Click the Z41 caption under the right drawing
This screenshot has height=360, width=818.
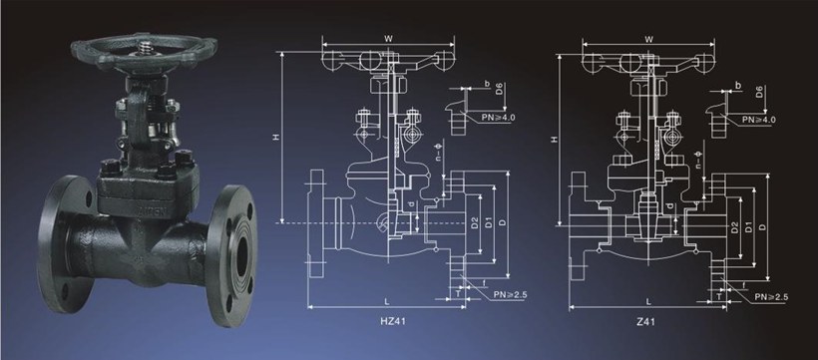click(x=645, y=321)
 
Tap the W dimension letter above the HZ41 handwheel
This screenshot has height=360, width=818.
click(x=388, y=39)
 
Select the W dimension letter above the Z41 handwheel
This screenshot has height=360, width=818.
click(x=649, y=39)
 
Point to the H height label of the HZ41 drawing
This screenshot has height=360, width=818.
click(x=276, y=138)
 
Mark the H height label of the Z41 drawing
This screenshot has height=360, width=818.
click(x=555, y=140)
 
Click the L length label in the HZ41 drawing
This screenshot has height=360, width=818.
click(x=386, y=301)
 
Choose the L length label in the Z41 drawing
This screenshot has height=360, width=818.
click(x=648, y=301)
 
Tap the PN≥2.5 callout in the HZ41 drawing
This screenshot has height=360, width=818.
click(x=511, y=295)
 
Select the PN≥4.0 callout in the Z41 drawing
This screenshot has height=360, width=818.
click(x=759, y=120)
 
